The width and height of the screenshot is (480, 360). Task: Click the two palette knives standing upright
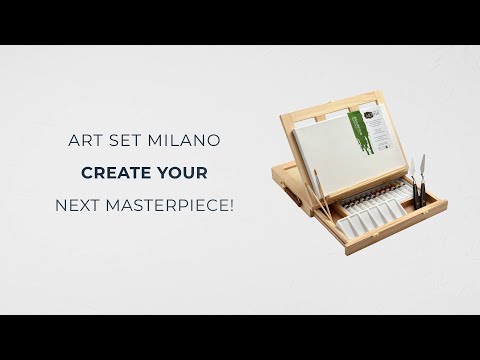pos(418,180)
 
